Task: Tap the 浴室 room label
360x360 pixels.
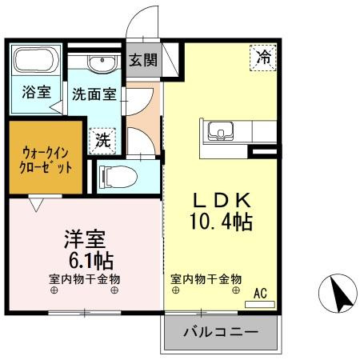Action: pos(35,92)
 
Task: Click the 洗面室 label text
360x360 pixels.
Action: pos(94,94)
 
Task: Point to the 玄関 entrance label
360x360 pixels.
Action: pos(144,60)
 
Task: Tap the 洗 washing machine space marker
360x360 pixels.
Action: pos(104,140)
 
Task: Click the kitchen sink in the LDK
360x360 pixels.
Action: pos(219,130)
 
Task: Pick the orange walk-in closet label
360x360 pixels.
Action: pos(46,158)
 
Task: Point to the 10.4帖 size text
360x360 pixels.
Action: pos(220,221)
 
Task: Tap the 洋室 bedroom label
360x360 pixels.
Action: pos(85,240)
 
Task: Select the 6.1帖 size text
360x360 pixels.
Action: pos(86,260)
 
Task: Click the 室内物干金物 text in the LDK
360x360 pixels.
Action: pos(206,279)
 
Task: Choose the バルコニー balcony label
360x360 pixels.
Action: pos(220,331)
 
